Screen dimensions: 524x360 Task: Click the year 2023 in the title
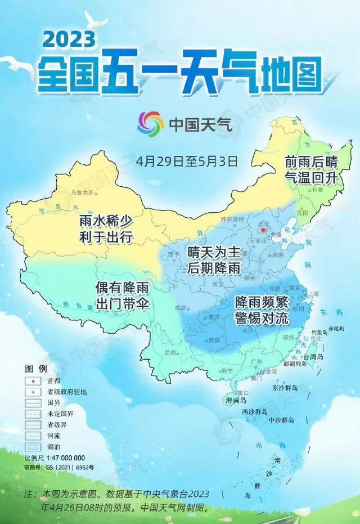[67, 39]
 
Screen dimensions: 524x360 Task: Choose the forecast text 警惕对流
[262, 317]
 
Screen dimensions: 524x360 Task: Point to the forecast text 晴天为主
[214, 253]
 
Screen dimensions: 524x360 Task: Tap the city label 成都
[180, 307]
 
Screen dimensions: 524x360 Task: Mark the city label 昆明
[170, 352]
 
